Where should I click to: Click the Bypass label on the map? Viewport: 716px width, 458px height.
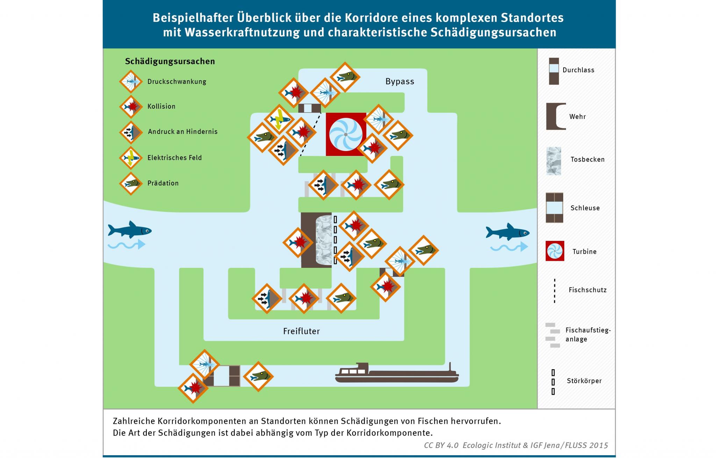(400, 81)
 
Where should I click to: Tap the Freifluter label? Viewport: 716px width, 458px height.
(301, 331)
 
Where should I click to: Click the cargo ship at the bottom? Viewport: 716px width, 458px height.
(397, 373)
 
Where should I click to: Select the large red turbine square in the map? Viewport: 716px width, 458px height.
(346, 134)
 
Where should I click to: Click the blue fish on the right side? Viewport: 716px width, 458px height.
(508, 231)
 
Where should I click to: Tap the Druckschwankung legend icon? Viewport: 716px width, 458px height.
(131, 81)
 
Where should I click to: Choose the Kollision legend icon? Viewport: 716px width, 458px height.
(131, 107)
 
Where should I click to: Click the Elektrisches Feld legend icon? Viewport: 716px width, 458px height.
(131, 158)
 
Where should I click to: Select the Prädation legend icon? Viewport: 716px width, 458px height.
(131, 183)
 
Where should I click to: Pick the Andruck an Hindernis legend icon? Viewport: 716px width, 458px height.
(131, 132)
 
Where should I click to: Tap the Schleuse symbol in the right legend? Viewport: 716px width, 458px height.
(554, 208)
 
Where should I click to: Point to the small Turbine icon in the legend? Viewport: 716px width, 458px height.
(555, 251)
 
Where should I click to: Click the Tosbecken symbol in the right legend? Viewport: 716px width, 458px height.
(554, 161)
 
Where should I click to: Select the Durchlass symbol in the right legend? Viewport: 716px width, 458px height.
(554, 71)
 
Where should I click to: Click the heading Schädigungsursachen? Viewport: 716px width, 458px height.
(170, 62)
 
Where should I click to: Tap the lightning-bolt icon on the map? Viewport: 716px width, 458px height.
(279, 119)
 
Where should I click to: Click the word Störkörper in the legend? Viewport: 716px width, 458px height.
(584, 381)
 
